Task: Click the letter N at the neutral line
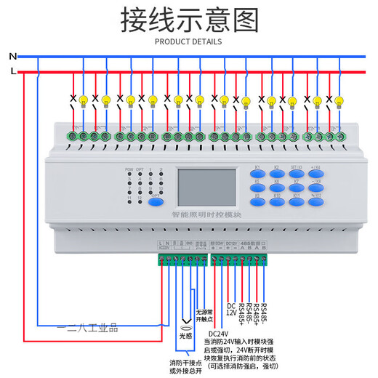click(x=12, y=56)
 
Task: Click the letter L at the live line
click(x=12, y=71)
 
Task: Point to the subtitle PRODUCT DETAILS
click(x=189, y=41)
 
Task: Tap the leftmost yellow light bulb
click(x=84, y=100)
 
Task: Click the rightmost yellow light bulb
click(x=339, y=102)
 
